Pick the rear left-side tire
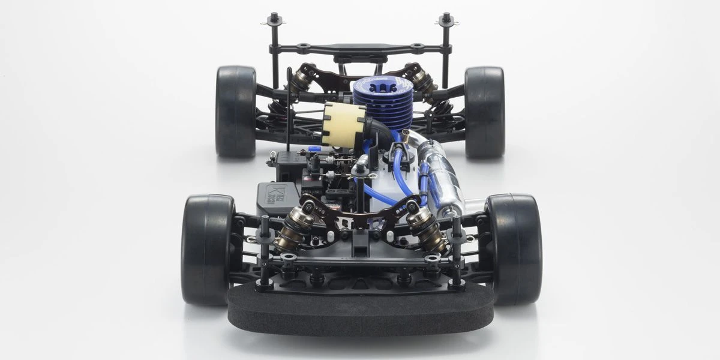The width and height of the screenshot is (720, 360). [x=236, y=111]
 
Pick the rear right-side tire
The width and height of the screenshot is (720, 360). [x=484, y=111]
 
